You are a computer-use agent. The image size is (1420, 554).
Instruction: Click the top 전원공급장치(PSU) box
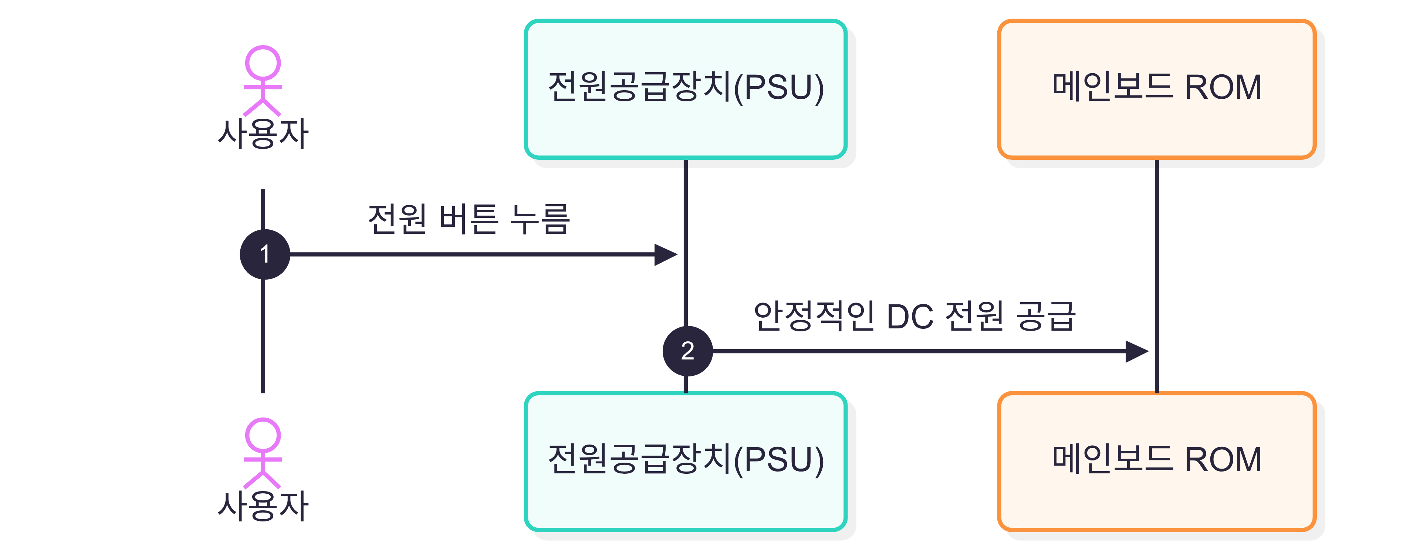point(685,89)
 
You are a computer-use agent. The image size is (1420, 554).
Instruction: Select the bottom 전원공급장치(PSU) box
point(685,462)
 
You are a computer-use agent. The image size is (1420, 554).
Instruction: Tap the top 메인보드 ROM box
point(1156,89)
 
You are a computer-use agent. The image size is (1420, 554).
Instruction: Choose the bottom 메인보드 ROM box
point(1156,462)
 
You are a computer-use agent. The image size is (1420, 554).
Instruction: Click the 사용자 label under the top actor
point(263,134)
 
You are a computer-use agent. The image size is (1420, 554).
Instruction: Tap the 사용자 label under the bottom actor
point(263,506)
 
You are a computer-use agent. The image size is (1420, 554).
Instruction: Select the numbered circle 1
point(265,254)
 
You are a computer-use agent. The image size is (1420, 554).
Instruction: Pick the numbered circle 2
point(687,351)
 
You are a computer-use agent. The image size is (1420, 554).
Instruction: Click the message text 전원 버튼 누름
point(469,219)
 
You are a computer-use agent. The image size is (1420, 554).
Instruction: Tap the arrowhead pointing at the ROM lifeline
point(1137,351)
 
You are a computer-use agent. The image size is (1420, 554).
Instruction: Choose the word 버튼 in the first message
point(469,219)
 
